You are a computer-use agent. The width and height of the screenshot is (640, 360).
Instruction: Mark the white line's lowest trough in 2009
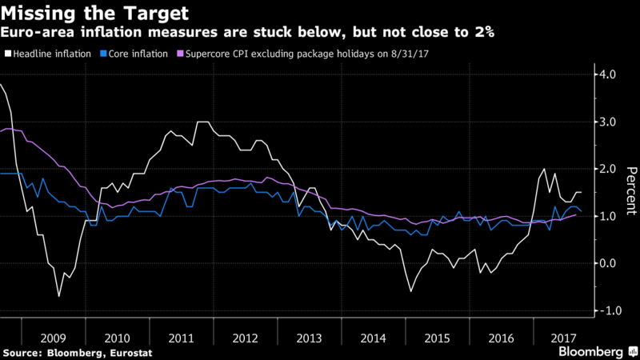coord(58,296)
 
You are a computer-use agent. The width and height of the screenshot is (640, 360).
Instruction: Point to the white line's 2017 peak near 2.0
coord(544,169)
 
